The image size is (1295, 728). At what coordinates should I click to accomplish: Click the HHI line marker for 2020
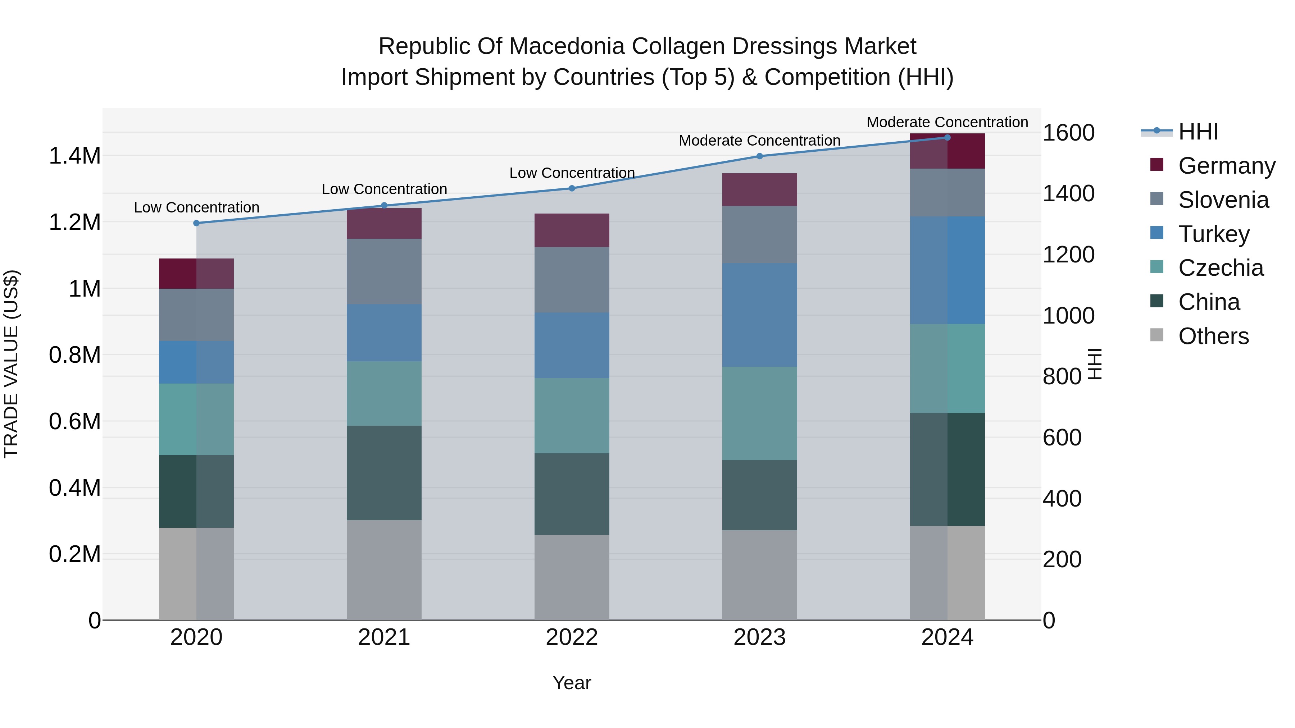(196, 223)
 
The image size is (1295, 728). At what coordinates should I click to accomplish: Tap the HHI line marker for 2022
(572, 188)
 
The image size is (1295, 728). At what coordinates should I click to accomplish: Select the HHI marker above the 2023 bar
(760, 156)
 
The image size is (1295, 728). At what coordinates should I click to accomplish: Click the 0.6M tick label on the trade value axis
(74, 422)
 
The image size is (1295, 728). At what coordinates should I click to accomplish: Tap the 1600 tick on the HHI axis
(1068, 133)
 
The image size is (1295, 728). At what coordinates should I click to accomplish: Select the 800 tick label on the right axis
(1062, 377)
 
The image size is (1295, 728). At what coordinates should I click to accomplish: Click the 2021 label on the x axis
(384, 637)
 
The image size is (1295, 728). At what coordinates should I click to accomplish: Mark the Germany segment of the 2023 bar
(760, 189)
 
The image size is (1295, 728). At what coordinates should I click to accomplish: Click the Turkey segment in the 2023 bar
(760, 315)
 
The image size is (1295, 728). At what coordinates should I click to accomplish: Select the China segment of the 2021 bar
(384, 473)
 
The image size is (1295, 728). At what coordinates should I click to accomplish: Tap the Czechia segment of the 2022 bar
(572, 416)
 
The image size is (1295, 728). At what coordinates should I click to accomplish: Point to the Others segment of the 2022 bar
(572, 577)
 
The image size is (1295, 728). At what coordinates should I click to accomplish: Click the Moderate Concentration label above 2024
(947, 122)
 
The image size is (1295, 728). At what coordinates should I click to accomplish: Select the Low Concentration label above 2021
(384, 189)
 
